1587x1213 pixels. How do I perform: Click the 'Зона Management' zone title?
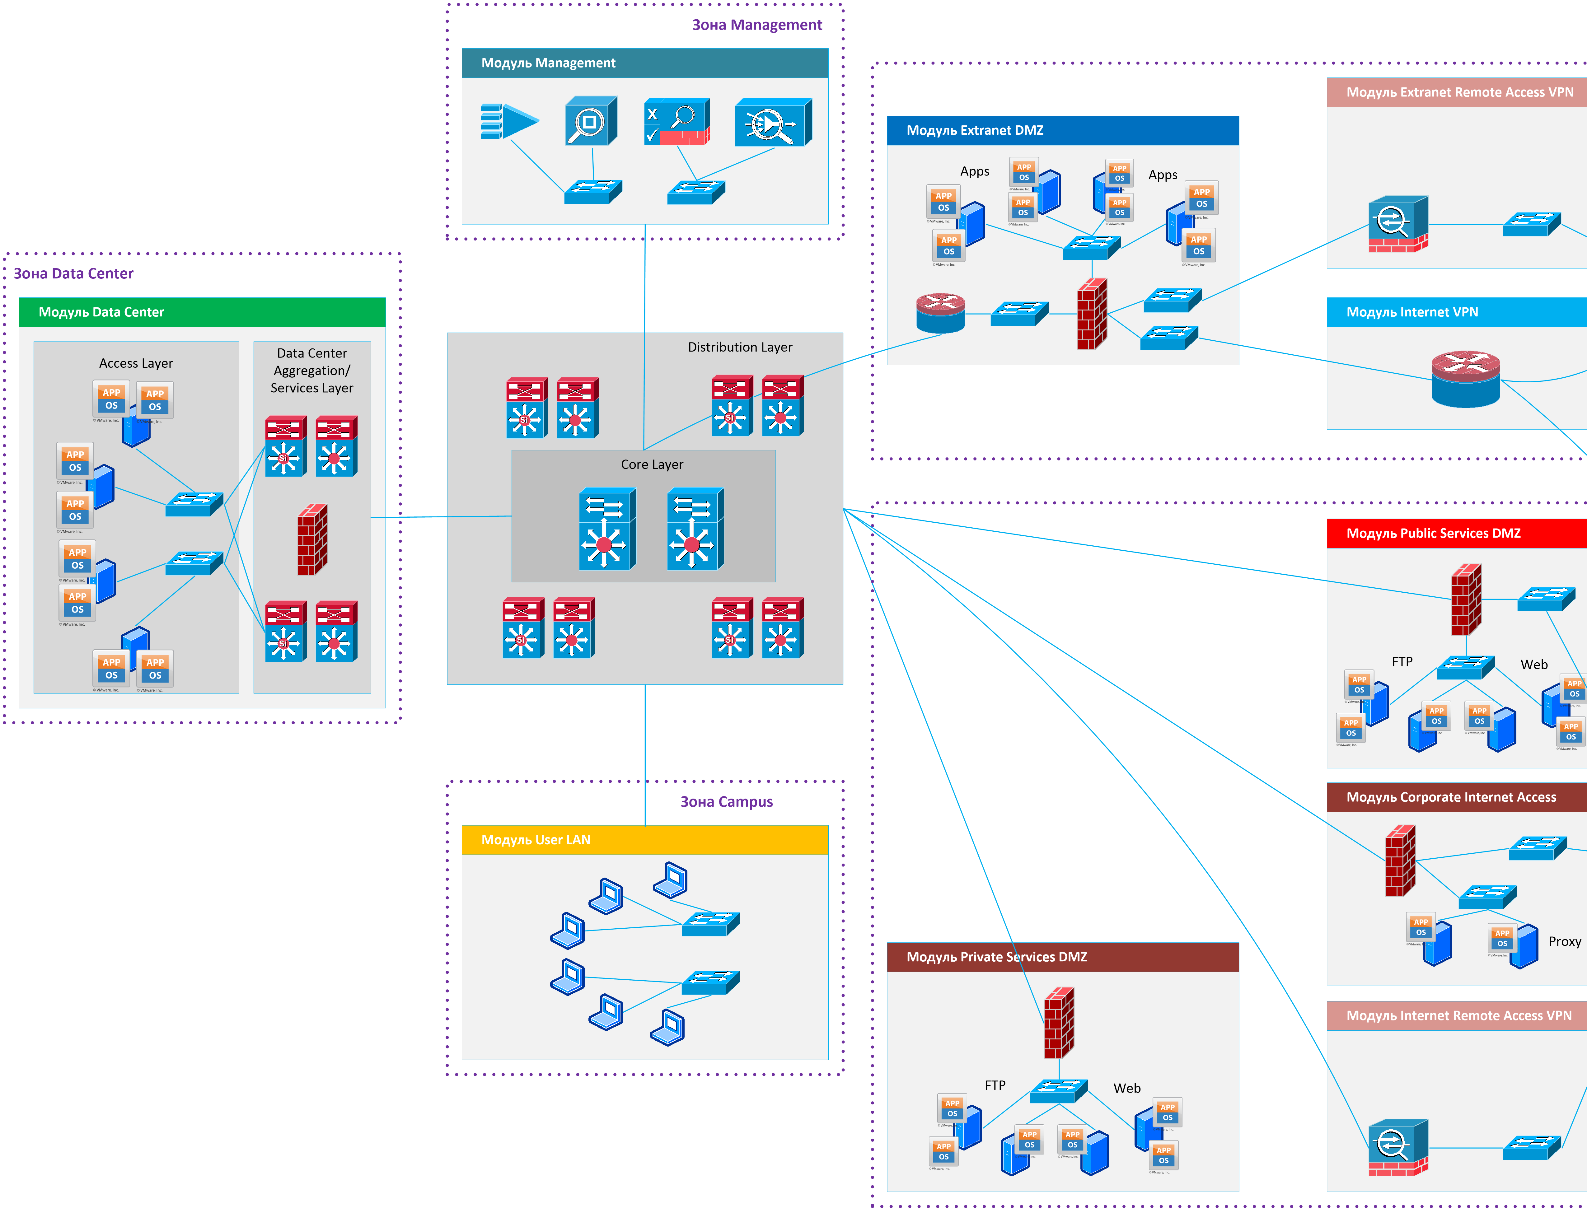757,25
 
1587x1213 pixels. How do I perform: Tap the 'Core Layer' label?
651,464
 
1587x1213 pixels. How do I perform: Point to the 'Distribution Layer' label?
739,347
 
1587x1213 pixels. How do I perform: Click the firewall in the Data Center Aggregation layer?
312,539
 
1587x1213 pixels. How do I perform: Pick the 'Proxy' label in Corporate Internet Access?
1564,941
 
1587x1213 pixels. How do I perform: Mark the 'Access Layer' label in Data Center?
136,363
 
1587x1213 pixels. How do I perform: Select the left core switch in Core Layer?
606,529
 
